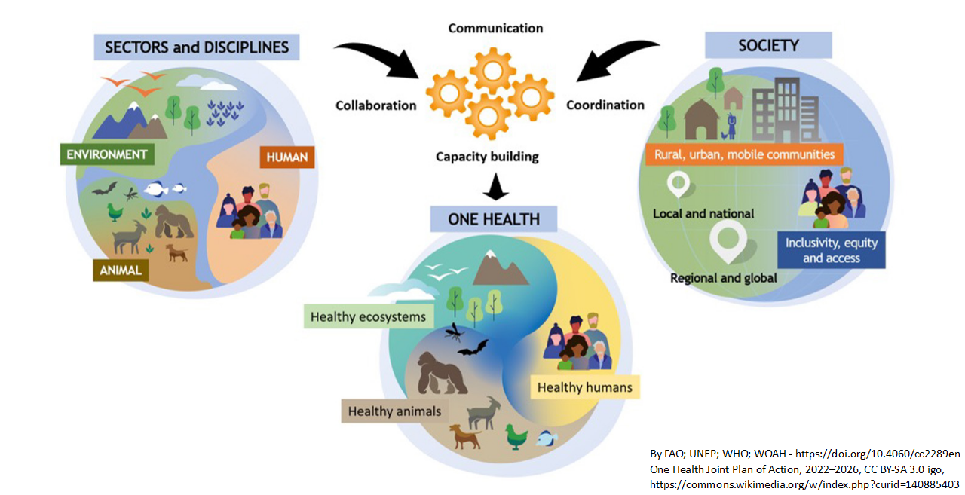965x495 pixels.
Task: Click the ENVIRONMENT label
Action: coord(107,154)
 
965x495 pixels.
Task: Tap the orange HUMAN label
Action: coord(287,157)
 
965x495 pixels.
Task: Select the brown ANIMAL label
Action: coord(121,270)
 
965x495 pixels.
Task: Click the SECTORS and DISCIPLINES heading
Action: coord(197,47)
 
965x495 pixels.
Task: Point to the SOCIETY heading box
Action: coord(768,45)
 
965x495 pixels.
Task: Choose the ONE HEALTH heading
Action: coord(494,219)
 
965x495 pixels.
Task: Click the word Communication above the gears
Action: coord(495,29)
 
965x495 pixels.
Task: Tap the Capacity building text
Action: coord(487,157)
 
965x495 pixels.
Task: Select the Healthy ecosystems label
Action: coord(369,316)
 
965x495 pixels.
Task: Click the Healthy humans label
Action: coord(584,387)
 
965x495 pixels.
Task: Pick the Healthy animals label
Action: coord(394,411)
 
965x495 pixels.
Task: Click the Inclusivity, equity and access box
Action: coord(832,250)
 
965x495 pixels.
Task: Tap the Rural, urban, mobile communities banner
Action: coord(744,154)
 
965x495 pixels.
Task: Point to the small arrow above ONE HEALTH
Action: coord(496,187)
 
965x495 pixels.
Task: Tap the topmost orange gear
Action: coord(492,71)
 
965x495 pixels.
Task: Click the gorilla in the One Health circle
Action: coord(442,373)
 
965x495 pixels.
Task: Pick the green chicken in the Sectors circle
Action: coord(115,212)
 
